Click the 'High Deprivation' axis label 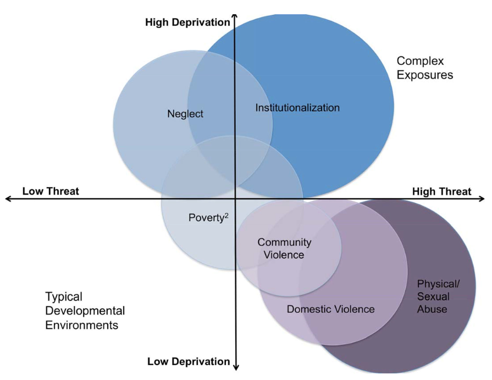(x=187, y=23)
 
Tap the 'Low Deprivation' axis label (x=189, y=361)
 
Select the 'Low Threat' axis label (x=51, y=191)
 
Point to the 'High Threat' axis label (x=441, y=191)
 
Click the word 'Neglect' (x=185, y=114)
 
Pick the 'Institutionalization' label (x=297, y=108)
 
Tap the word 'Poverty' (x=206, y=217)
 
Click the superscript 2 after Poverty (x=226, y=215)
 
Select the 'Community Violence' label (x=284, y=248)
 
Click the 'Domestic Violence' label (x=330, y=309)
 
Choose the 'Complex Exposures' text (x=425, y=68)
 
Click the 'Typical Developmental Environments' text (x=85, y=311)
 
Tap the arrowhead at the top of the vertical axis (x=235, y=16)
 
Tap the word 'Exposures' (x=425, y=75)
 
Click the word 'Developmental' (x=85, y=311)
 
